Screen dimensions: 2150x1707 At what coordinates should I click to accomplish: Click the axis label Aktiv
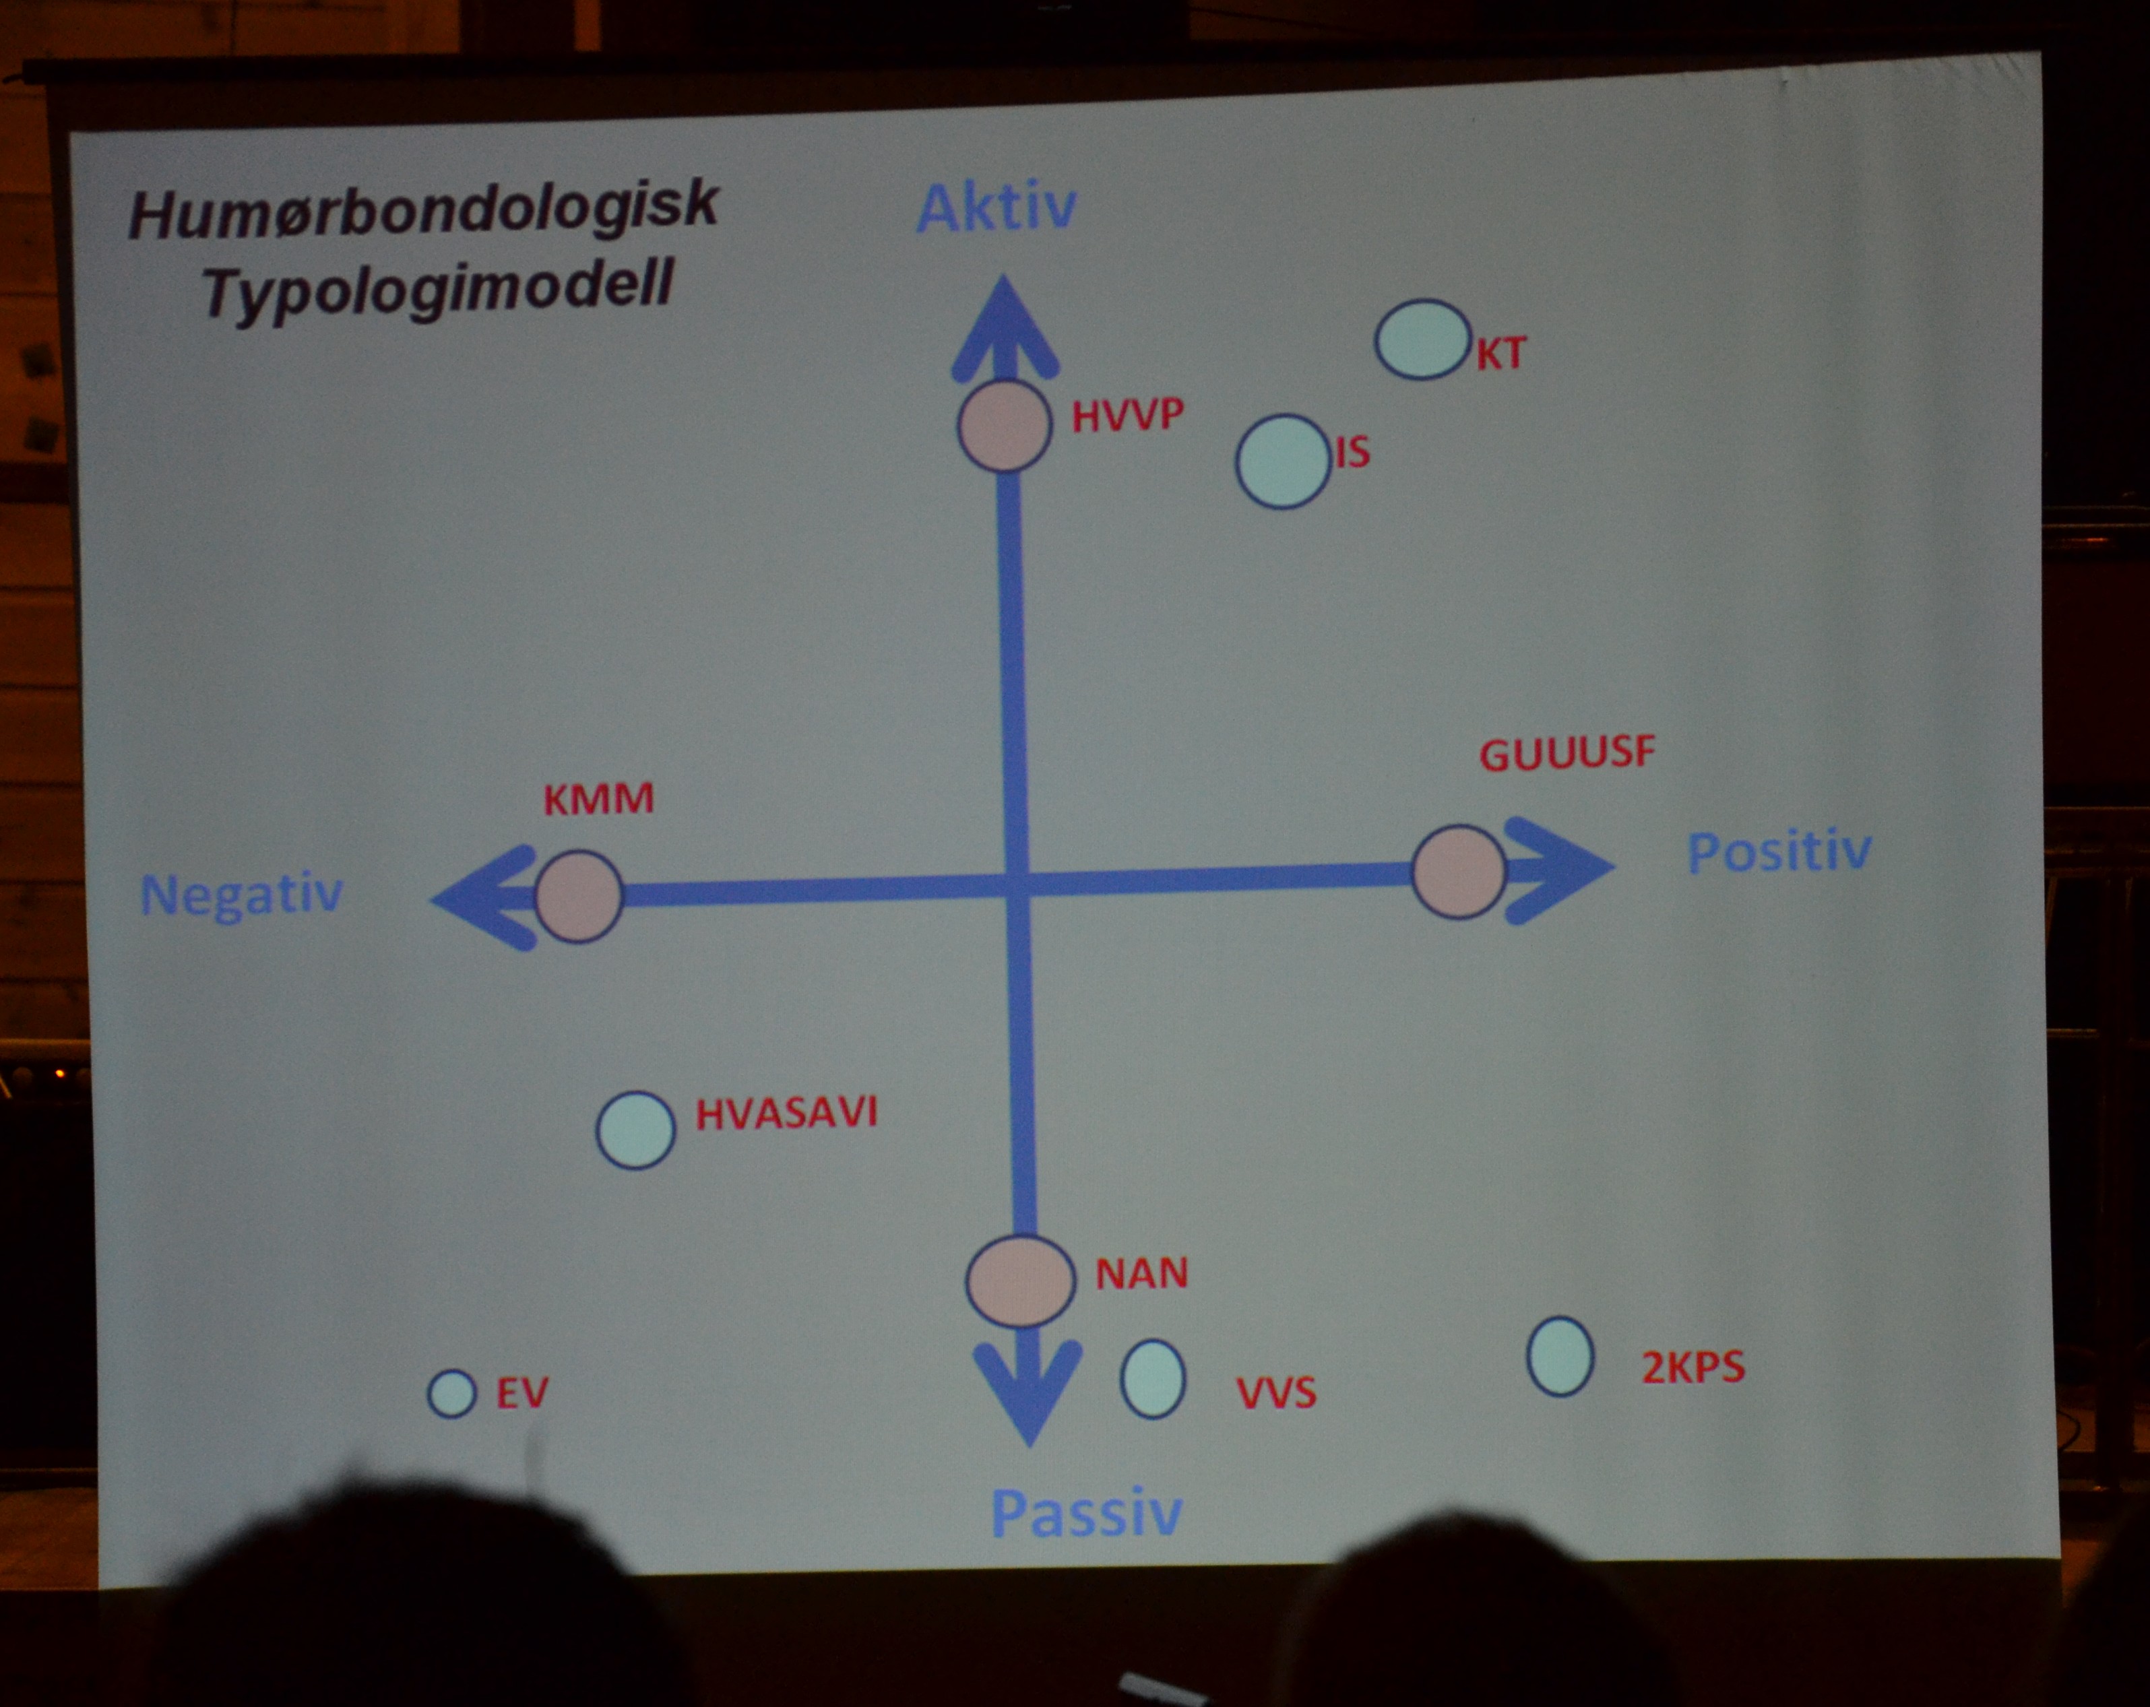pyautogui.click(x=997, y=207)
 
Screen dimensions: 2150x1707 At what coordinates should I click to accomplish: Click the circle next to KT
pyautogui.click(x=1423, y=339)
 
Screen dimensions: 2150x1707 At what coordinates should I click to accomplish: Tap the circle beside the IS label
pyautogui.click(x=1284, y=461)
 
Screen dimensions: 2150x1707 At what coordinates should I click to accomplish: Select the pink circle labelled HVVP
pyautogui.click(x=1004, y=426)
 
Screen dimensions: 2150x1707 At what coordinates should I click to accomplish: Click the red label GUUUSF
pyautogui.click(x=1567, y=754)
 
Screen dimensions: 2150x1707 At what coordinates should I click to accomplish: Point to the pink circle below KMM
pyautogui.click(x=578, y=897)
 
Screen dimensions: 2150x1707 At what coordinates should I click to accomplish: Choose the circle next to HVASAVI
pyautogui.click(x=635, y=1130)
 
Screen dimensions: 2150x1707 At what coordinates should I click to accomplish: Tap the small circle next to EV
pyautogui.click(x=451, y=1393)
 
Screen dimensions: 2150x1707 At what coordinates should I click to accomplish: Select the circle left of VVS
pyautogui.click(x=1153, y=1378)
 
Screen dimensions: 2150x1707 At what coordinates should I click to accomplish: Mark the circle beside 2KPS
pyautogui.click(x=1560, y=1356)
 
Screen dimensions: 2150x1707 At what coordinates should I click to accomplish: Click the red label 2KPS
pyautogui.click(x=1693, y=1367)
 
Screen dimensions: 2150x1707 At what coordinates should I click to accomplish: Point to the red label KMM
pyautogui.click(x=598, y=800)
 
